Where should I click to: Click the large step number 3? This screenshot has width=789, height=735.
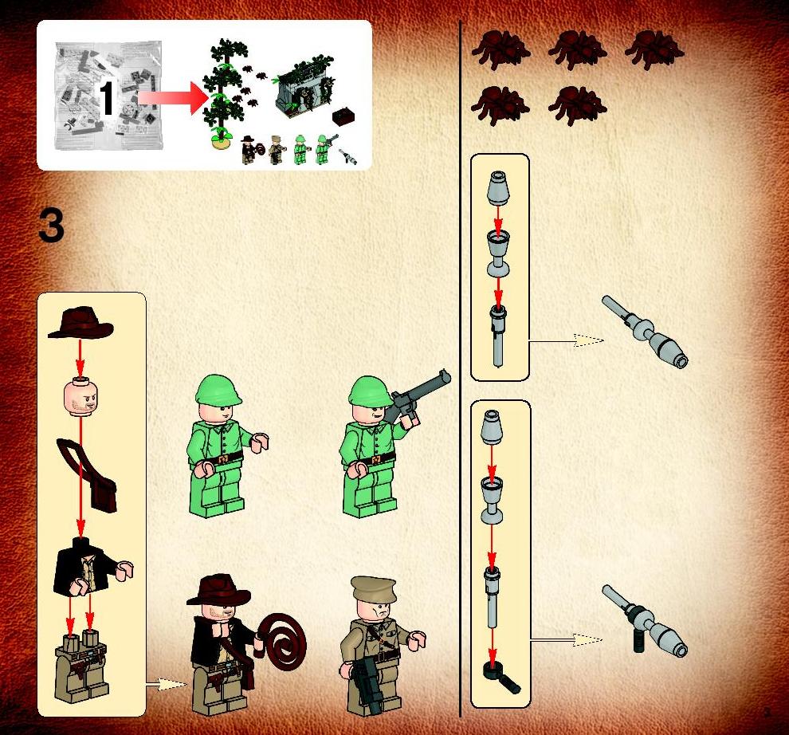pyautogui.click(x=51, y=226)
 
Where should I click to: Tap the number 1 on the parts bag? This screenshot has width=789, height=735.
pyautogui.click(x=106, y=98)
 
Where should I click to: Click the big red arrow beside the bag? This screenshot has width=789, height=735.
pyautogui.click(x=174, y=98)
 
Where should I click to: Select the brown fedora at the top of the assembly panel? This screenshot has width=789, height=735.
pyautogui.click(x=80, y=323)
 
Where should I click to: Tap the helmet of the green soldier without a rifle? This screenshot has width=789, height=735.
pyautogui.click(x=218, y=390)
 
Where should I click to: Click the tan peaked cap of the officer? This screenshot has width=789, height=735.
pyautogui.click(x=373, y=588)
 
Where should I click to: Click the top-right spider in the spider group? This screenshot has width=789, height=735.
pyautogui.click(x=654, y=49)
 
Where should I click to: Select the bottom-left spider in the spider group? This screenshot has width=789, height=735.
pyautogui.click(x=500, y=105)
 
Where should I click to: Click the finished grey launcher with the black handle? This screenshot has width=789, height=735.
pyautogui.click(x=645, y=621)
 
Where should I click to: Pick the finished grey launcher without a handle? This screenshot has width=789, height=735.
pyautogui.click(x=645, y=332)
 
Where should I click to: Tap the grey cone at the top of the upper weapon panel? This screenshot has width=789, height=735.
pyautogui.click(x=498, y=188)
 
